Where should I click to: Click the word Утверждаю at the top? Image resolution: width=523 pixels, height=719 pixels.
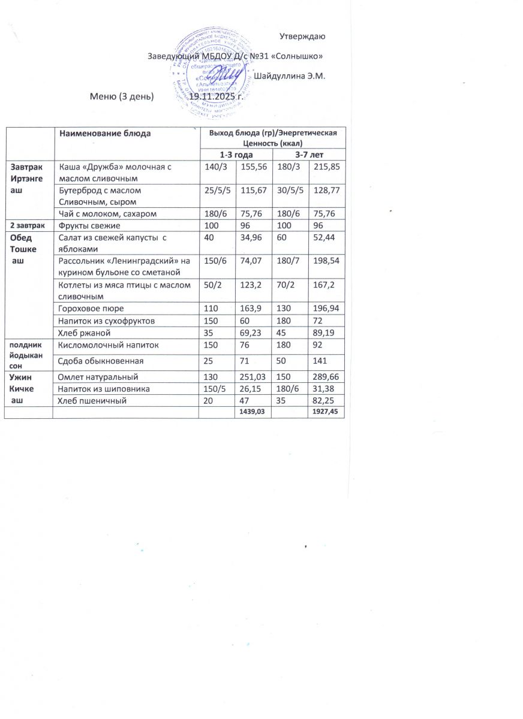pos(302,37)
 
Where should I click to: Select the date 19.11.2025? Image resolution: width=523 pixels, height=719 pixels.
pos(215,96)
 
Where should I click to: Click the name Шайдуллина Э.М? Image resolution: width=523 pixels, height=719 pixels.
pos(289,76)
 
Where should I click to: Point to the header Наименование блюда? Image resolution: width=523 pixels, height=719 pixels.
pos(105,133)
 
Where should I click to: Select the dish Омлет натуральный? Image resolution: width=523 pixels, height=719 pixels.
pos(98,377)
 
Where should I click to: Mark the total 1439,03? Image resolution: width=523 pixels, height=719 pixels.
pos(252,412)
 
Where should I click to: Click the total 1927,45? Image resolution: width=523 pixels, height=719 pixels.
pos(325,412)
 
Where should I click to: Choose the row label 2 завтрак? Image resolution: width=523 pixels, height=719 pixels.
pos(28,226)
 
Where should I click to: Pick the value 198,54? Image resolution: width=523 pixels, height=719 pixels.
pos(326,261)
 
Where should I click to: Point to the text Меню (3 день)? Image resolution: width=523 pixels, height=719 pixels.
pos(122,96)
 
